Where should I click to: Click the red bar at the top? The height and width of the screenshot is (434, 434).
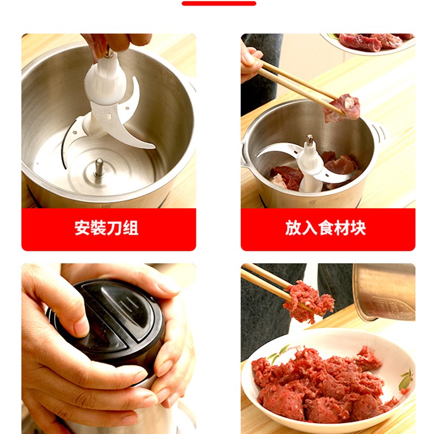(x=219, y=3)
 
